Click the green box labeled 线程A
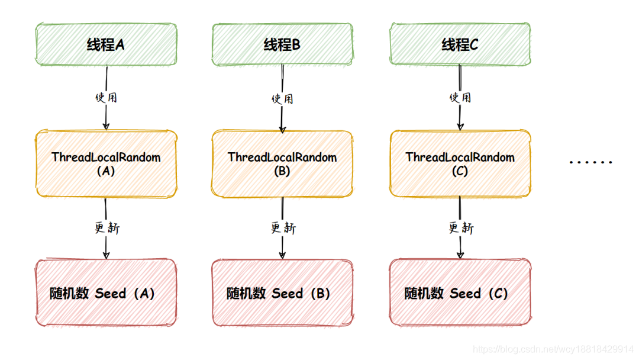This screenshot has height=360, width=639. coord(106,44)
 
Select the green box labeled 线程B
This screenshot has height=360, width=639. coord(282,44)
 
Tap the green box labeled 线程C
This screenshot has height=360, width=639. coord(460,44)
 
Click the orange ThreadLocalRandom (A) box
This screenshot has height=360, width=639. coord(106,163)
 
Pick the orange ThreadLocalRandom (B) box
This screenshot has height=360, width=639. coord(282,163)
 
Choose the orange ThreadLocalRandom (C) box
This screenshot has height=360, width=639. coord(460,163)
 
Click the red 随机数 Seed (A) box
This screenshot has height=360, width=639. coord(106,292)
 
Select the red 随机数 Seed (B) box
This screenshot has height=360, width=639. coord(282,292)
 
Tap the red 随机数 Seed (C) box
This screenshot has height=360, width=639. coord(460,292)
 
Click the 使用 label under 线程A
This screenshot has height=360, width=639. coord(106,97)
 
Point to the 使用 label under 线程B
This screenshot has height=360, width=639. coord(282,98)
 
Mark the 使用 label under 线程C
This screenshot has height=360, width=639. coord(460,97)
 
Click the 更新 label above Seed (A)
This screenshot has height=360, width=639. coord(107,227)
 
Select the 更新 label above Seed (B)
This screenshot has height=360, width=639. coord(283,227)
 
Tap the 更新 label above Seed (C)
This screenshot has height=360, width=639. coord(460,227)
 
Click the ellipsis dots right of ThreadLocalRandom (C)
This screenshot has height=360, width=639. coord(590,162)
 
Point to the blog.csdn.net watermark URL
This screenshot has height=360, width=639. coord(553,349)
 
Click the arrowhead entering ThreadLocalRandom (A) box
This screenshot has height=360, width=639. coord(106,126)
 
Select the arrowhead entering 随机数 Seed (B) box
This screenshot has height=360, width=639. coord(282,255)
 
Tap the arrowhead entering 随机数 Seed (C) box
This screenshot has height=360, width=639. coord(460,255)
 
